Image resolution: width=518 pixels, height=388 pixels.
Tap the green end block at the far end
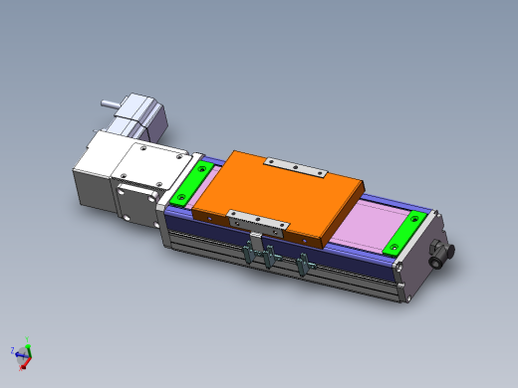tap(409, 231)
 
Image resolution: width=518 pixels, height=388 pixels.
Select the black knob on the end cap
tap(439, 256)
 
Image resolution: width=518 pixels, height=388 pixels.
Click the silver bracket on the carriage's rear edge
tap(295, 167)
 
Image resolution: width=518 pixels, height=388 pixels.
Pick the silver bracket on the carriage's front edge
tap(258, 220)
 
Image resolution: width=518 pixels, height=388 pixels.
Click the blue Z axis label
tap(11, 350)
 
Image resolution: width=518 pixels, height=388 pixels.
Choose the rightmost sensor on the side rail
tap(304, 266)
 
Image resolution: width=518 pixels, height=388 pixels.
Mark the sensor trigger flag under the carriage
tap(256, 241)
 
